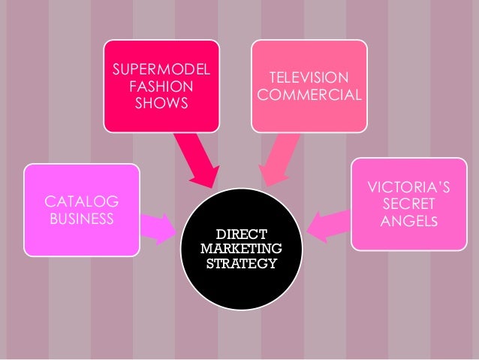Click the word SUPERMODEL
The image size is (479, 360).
[x=161, y=71]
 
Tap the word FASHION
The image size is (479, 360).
[x=161, y=86]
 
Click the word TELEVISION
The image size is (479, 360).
[x=309, y=79]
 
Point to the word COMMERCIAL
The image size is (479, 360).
[x=309, y=95]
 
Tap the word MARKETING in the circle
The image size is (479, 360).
[x=241, y=248]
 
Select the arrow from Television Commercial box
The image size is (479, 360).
[x=276, y=158]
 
